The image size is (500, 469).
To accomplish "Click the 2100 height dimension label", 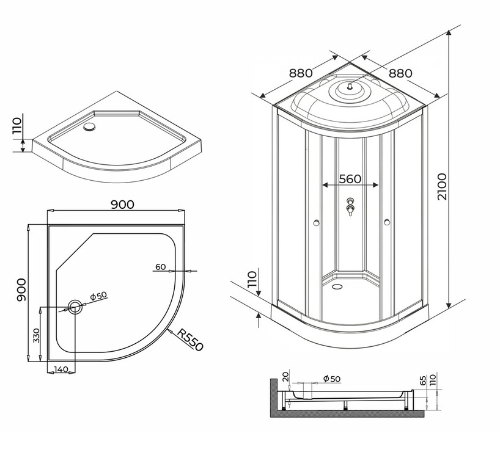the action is (x=443, y=187).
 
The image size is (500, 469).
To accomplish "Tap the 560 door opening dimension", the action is (x=350, y=179).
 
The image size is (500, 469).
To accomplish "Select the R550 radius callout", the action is (x=189, y=340).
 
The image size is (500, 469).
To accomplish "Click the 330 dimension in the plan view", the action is (x=37, y=335).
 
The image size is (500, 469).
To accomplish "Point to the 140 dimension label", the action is (x=61, y=369).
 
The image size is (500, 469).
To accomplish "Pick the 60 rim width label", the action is (x=161, y=267).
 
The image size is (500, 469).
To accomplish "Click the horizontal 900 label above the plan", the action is (x=122, y=205).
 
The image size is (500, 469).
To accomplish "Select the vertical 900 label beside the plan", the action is (x=21, y=289).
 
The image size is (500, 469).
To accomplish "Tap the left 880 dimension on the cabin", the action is (x=301, y=73).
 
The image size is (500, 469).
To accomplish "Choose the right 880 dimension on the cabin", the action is (x=400, y=74).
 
